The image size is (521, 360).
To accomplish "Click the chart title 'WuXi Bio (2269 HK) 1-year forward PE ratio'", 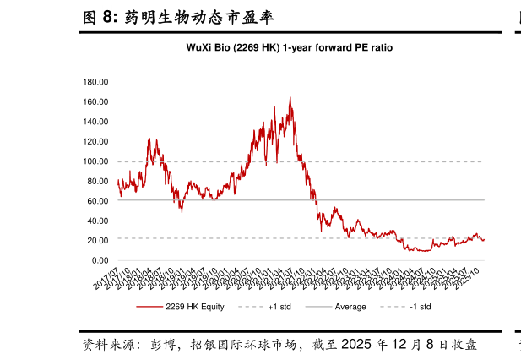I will point(289,48).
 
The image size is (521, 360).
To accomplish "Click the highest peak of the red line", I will point(290,97).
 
